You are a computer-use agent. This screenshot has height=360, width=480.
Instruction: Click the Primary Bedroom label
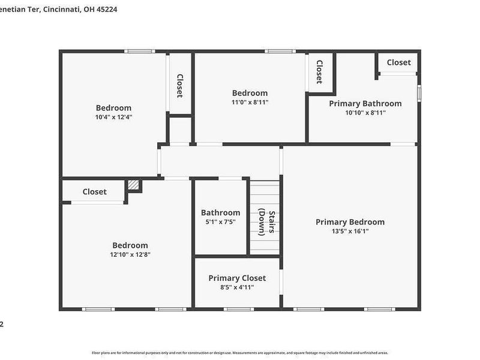(x=350, y=222)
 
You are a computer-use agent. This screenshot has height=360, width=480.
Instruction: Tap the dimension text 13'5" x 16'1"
(x=350, y=231)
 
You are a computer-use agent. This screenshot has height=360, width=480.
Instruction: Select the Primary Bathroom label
(x=365, y=103)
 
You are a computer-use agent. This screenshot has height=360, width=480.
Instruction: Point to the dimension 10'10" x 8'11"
(x=365, y=112)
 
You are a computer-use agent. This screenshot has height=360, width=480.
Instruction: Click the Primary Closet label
(x=237, y=278)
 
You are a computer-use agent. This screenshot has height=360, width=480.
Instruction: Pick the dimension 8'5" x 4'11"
(x=237, y=287)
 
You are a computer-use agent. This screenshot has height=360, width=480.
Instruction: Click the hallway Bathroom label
(x=220, y=212)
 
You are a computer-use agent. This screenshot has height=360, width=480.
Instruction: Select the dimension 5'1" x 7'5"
(x=220, y=221)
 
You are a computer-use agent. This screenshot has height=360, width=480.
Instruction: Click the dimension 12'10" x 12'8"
(x=130, y=254)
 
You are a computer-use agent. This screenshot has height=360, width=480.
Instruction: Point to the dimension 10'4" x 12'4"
(x=113, y=117)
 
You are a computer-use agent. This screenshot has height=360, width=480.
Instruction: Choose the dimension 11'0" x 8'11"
(x=250, y=102)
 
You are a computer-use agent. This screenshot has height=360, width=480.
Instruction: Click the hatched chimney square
(x=134, y=185)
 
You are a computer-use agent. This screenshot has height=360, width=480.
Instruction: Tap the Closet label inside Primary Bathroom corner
(x=398, y=62)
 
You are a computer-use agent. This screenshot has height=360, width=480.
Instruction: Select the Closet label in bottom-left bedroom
(x=94, y=192)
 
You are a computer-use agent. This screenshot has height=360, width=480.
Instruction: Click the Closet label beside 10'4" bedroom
(x=179, y=86)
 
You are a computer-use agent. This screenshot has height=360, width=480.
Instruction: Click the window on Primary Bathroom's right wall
(x=419, y=93)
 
